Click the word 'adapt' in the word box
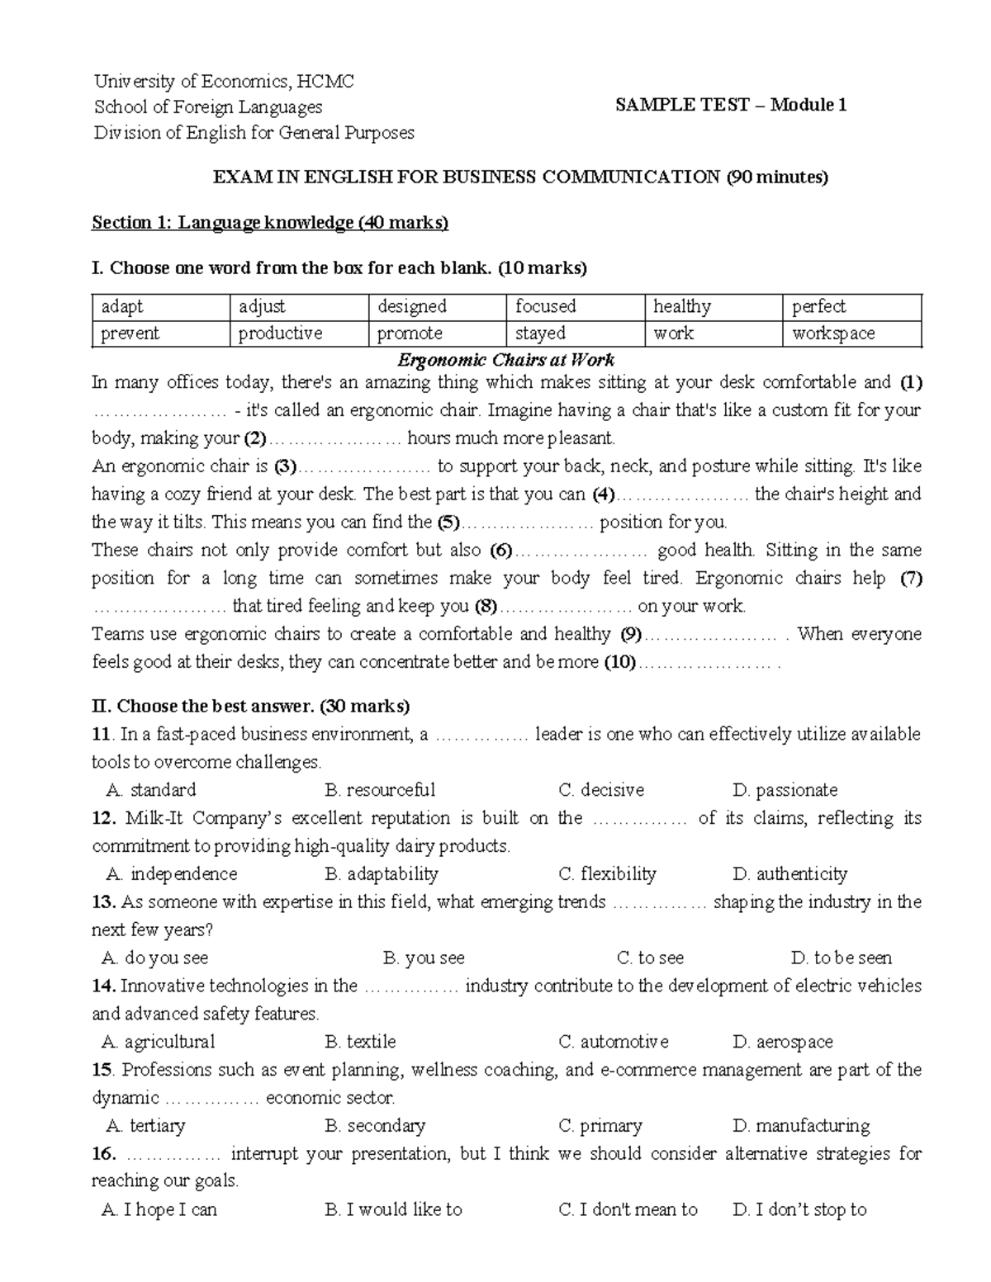pos(122,307)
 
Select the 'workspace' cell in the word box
pos(833,334)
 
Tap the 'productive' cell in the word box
pos(280,334)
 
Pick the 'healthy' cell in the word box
pos(682,307)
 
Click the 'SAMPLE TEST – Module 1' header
pos(731,105)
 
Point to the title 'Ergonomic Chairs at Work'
pos(505,360)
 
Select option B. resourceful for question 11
pos(380,790)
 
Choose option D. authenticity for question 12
pos(789,874)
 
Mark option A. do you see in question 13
pos(155,958)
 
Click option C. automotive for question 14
pos(614,1043)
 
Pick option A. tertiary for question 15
pos(146,1126)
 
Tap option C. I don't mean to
pos(628,1210)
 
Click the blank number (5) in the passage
pos(448,523)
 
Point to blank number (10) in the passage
pos(620,662)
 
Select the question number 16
pos(102,1154)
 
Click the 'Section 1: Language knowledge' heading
pos(270,222)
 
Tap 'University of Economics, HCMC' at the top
pos(224,81)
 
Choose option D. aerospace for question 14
pos(783,1043)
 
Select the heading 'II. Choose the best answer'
pos(251,707)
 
